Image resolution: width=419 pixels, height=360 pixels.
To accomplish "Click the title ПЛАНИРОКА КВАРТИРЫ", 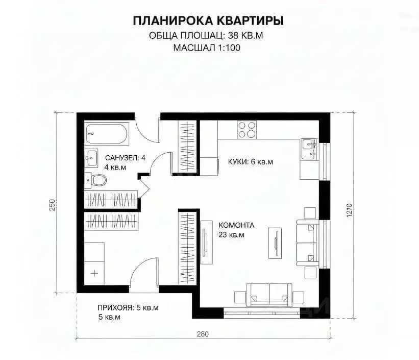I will pyautogui.click(x=209, y=21).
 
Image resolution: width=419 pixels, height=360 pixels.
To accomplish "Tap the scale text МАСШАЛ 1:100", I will pyautogui.click(x=206, y=49).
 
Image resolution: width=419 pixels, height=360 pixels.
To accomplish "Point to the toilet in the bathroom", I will pyautogui.click(x=97, y=180).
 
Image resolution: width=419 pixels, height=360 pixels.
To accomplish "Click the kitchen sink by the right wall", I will pyautogui.click(x=308, y=146).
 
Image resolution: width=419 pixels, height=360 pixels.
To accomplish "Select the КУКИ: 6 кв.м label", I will pyautogui.click(x=250, y=162).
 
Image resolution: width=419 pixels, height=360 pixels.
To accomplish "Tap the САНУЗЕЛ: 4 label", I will pyautogui.click(x=125, y=158).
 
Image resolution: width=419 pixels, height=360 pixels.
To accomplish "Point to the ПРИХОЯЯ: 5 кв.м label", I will pyautogui.click(x=128, y=308).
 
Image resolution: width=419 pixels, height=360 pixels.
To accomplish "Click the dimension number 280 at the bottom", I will pyautogui.click(x=203, y=334).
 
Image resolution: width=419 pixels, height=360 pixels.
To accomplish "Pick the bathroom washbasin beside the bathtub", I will pyautogui.click(x=92, y=158).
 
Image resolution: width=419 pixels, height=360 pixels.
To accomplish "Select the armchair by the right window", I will pyautogui.click(x=307, y=239).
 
